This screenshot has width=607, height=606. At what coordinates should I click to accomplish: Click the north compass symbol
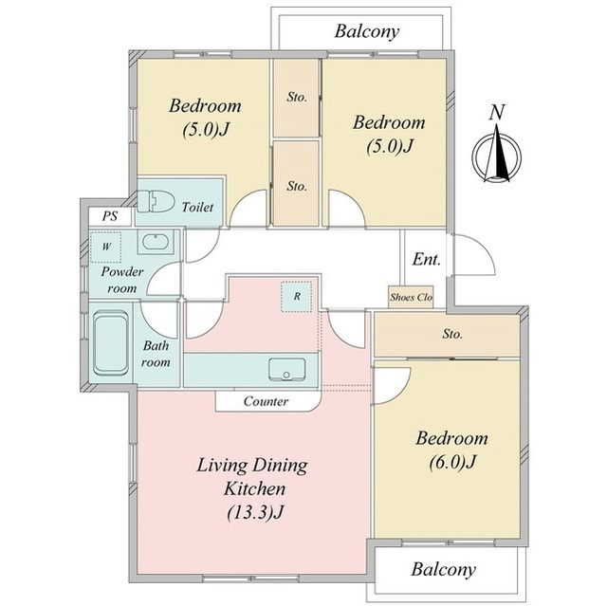[x=497, y=154]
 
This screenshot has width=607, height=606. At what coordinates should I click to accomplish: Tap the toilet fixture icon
[x=156, y=201]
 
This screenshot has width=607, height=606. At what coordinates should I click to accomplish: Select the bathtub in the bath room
[x=111, y=344]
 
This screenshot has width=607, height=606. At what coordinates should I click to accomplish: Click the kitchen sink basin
[x=286, y=369]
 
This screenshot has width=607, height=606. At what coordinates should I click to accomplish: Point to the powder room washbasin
[x=156, y=243]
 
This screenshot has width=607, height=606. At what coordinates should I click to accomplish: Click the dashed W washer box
[x=105, y=248]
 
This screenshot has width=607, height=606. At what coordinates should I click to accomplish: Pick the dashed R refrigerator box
[x=297, y=297]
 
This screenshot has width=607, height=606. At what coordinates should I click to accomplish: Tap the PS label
[x=110, y=216]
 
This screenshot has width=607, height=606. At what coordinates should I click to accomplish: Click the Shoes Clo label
[x=411, y=297]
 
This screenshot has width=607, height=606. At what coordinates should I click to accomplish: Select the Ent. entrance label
[x=427, y=259]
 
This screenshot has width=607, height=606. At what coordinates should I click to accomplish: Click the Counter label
[x=266, y=401]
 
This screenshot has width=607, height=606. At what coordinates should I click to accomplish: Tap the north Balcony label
[x=367, y=31]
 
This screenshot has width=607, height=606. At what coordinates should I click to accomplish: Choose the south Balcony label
[x=443, y=570]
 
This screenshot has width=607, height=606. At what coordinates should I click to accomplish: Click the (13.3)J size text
[x=255, y=513]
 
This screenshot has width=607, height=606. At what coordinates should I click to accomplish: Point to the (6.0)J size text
[x=451, y=462]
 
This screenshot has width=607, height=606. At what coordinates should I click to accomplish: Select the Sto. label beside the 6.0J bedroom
[x=452, y=334]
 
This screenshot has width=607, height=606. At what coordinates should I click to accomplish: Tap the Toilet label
[x=197, y=208]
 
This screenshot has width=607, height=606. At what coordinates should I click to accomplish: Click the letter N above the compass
[x=497, y=112]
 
